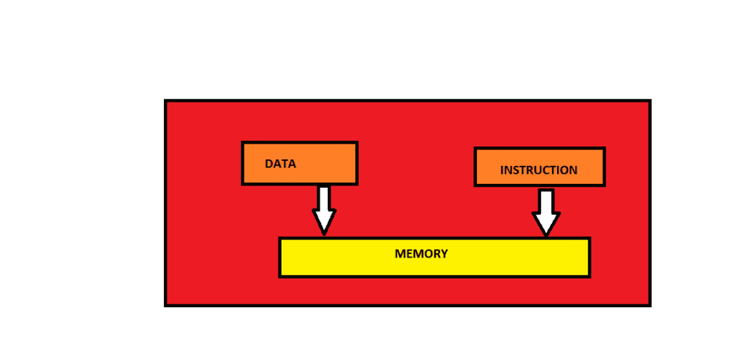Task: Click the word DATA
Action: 281,164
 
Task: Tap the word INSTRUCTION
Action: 538,170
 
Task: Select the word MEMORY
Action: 421,254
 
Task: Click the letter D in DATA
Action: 269,164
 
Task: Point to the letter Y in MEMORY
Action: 444,254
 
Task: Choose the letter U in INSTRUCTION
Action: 540,170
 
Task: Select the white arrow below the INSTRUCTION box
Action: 546,212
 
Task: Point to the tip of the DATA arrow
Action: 324,235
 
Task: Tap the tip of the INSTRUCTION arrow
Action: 546,237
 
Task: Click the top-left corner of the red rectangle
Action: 165,100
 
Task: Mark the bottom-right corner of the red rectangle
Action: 651,307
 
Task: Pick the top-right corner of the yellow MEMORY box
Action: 590,237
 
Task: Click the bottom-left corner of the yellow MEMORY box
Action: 279,277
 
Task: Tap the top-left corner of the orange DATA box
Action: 242,141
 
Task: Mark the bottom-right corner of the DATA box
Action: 358,185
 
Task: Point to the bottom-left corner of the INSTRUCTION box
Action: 475,186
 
